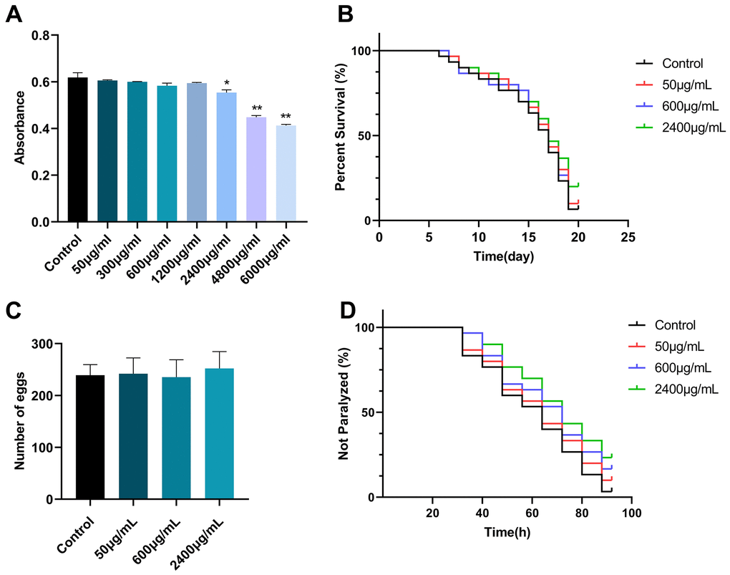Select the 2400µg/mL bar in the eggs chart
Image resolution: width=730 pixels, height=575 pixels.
(x=218, y=434)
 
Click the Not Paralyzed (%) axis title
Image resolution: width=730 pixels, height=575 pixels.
(x=344, y=412)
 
